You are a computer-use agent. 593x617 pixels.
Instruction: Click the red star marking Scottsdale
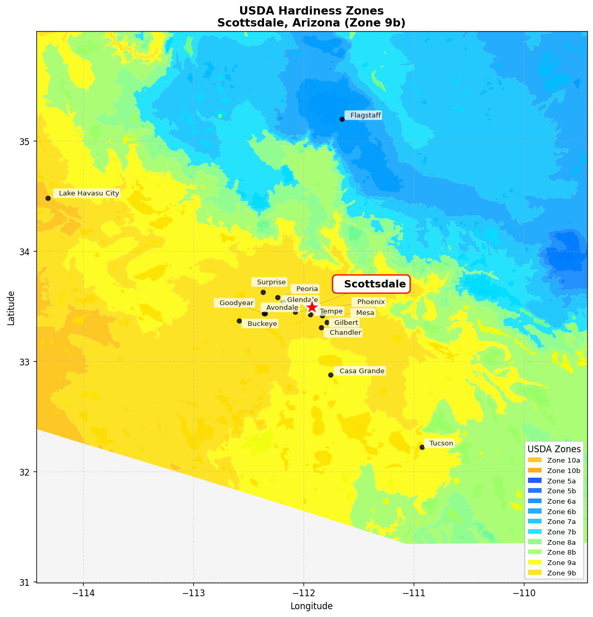(312, 307)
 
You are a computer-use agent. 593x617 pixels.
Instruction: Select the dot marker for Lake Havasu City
(48, 198)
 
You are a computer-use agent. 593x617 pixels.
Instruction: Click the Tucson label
(441, 443)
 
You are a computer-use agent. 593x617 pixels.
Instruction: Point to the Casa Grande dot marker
(331, 375)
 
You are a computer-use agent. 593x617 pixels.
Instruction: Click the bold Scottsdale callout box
(372, 284)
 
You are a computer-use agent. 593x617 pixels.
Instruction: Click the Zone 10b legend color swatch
(534, 470)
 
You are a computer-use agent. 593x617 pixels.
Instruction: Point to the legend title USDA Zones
(554, 449)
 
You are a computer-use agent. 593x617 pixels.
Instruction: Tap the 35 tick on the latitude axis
(24, 141)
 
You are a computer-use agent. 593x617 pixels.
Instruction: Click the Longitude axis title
(311, 606)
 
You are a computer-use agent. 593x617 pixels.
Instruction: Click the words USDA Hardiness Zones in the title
(311, 11)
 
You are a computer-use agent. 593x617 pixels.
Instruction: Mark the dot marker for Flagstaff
(342, 119)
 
